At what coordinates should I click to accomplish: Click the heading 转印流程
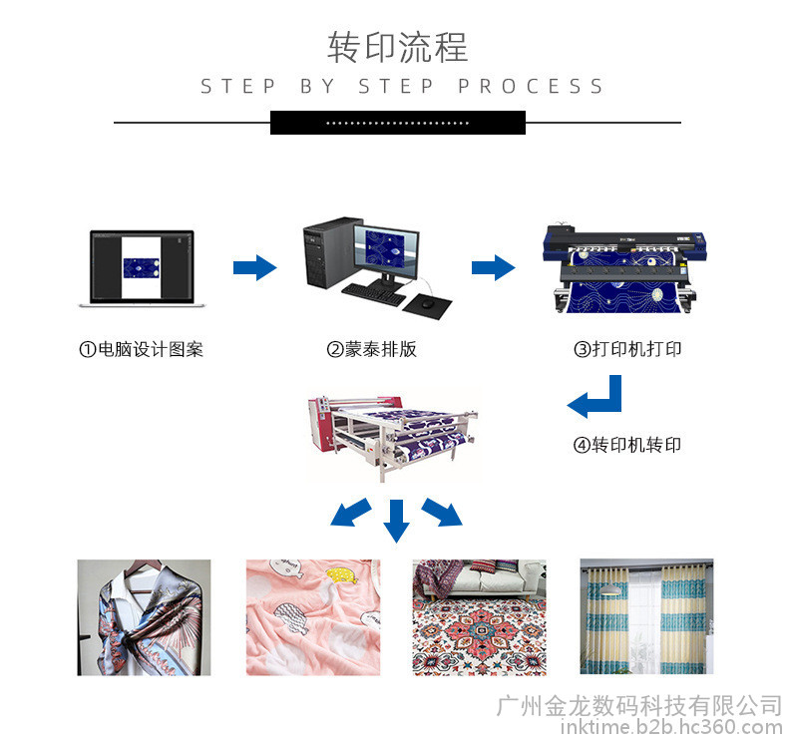(x=397, y=47)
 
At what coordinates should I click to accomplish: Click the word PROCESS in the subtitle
(x=532, y=87)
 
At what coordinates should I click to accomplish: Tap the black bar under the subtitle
(x=397, y=123)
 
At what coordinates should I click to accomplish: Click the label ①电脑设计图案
(x=142, y=349)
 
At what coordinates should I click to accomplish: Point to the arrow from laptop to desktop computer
(x=254, y=267)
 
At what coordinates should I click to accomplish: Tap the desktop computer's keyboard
(x=375, y=291)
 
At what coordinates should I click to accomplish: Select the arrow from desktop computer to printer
(x=493, y=267)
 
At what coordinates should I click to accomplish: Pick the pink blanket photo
(x=313, y=617)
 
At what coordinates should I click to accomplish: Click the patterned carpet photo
(x=480, y=617)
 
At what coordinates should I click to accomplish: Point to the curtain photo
(x=646, y=617)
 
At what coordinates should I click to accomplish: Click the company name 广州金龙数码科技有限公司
(x=638, y=705)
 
